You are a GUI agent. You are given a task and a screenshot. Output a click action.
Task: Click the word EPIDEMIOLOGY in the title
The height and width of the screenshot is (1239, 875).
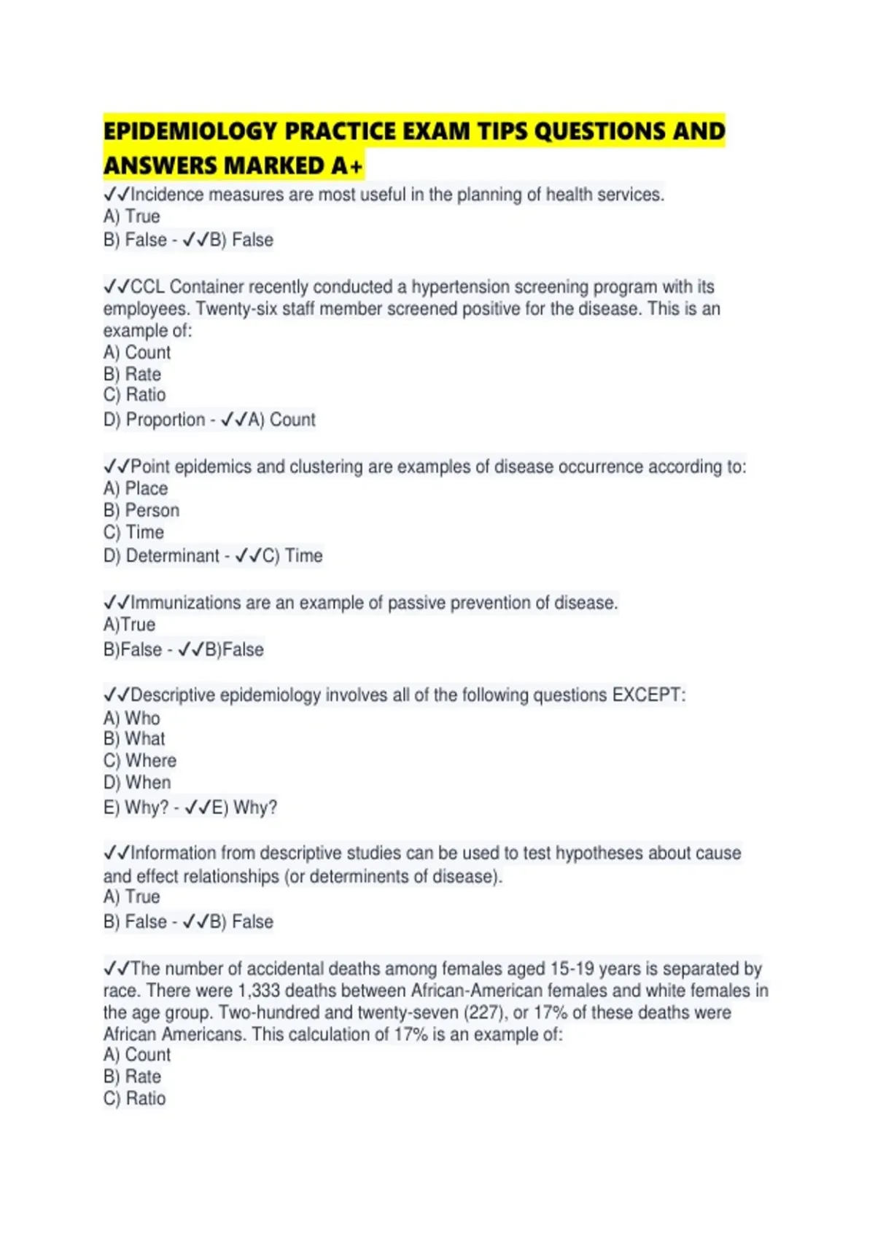[x=190, y=131]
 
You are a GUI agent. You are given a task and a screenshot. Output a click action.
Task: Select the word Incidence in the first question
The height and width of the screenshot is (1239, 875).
[x=167, y=195]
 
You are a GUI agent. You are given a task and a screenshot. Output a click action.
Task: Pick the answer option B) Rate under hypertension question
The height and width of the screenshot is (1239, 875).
[x=132, y=374]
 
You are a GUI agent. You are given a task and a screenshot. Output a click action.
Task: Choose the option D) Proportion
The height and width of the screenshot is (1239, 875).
[x=154, y=420]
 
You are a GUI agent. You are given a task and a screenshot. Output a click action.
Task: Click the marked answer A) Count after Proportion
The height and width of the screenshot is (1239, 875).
[x=281, y=420]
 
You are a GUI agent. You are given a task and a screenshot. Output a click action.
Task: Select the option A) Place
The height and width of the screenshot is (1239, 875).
[x=136, y=488]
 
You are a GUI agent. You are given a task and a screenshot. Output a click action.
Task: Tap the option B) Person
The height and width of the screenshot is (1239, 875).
[x=141, y=510]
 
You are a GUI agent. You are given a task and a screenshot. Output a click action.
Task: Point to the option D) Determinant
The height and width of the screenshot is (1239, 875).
[x=161, y=555]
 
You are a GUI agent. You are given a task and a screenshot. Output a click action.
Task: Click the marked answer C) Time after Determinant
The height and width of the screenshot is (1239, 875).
[x=292, y=555]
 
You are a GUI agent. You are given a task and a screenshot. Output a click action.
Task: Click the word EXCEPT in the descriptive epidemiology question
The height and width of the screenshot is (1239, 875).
[x=648, y=695]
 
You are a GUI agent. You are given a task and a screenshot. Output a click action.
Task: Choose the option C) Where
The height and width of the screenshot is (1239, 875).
[x=140, y=760]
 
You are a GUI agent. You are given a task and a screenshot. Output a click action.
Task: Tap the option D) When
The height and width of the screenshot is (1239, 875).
[x=137, y=782]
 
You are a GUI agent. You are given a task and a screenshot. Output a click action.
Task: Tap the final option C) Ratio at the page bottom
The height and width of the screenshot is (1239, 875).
[x=135, y=1098]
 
